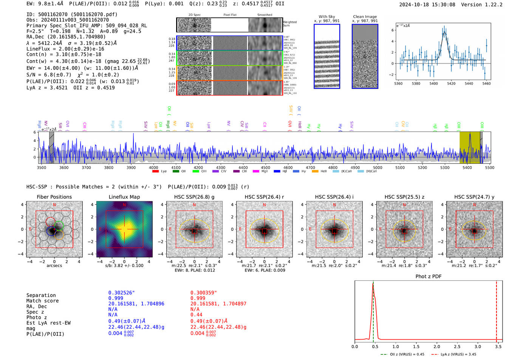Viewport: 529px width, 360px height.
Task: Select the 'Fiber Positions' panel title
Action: [54, 197]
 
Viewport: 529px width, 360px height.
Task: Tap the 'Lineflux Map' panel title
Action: [124, 197]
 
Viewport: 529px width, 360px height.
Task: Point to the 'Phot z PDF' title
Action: [428, 277]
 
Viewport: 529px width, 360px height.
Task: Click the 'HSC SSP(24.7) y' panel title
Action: [474, 197]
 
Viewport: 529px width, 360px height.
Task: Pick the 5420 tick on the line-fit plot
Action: [451, 83]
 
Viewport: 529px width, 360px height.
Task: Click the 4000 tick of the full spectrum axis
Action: [153, 168]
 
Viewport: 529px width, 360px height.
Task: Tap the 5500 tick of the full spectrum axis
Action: [490, 168]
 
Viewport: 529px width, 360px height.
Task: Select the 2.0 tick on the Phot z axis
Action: [437, 346]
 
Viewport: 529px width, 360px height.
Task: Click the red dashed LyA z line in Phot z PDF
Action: [497, 310]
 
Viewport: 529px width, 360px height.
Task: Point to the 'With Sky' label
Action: [327, 17]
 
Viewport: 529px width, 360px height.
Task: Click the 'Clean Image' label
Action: [365, 17]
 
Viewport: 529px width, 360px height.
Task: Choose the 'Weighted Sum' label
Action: [290, 24]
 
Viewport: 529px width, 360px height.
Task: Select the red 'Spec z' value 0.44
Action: [196, 315]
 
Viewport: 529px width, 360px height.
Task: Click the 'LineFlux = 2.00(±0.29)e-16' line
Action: [65, 49]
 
